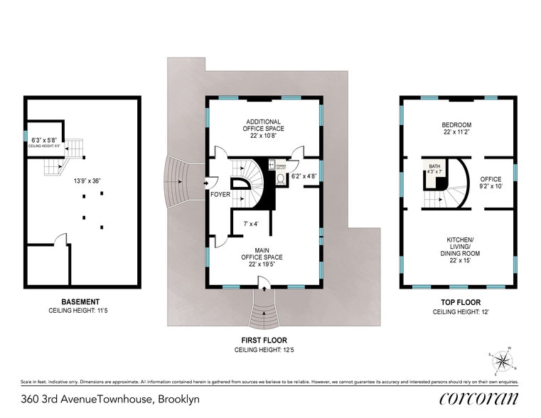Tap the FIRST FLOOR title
pyautogui.click(x=264, y=341)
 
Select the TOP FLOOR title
pyautogui.click(x=458, y=301)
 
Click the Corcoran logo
pyautogui.click(x=478, y=398)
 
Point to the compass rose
pyautogui.click(x=503, y=361)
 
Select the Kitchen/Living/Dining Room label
pyautogui.click(x=459, y=252)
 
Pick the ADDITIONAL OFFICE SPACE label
pyautogui.click(x=264, y=125)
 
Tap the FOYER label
pyautogui.click(x=220, y=194)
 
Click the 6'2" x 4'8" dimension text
pyautogui.click(x=304, y=176)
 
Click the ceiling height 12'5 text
pyautogui.click(x=264, y=350)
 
